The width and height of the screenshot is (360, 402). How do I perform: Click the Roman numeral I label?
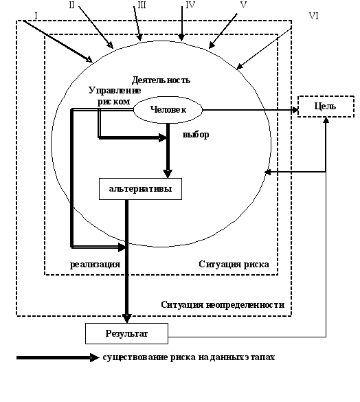(36, 16)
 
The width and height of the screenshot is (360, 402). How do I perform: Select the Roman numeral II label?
(71, 5)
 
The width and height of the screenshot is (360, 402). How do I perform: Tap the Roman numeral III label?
(142, 5)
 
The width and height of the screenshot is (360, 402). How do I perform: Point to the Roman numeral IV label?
(190, 5)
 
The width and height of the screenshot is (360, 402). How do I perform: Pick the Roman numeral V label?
(243, 5)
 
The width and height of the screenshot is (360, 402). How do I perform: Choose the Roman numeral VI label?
(313, 16)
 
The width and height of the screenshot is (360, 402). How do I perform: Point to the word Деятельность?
(161, 80)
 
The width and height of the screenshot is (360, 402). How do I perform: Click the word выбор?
(196, 134)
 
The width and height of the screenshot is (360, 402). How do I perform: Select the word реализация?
(95, 265)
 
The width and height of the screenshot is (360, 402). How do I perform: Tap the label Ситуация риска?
(234, 265)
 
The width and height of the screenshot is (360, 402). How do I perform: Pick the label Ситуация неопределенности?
(223, 305)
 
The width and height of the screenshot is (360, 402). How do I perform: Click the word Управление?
(115, 91)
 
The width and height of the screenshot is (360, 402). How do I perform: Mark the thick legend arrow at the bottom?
(58, 357)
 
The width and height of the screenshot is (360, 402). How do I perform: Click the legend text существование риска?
(149, 357)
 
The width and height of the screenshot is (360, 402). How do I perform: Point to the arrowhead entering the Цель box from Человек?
(295, 110)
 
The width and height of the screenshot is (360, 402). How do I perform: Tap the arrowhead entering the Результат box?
(127, 318)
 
